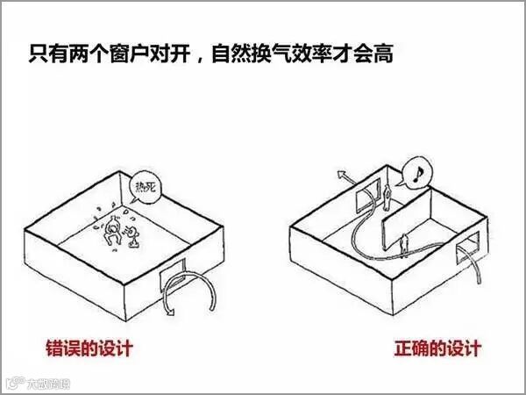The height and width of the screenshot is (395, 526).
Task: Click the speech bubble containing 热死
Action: click(142, 187)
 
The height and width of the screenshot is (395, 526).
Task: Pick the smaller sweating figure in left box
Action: click(133, 233)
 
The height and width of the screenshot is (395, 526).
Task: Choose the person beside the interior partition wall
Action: click(404, 242)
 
